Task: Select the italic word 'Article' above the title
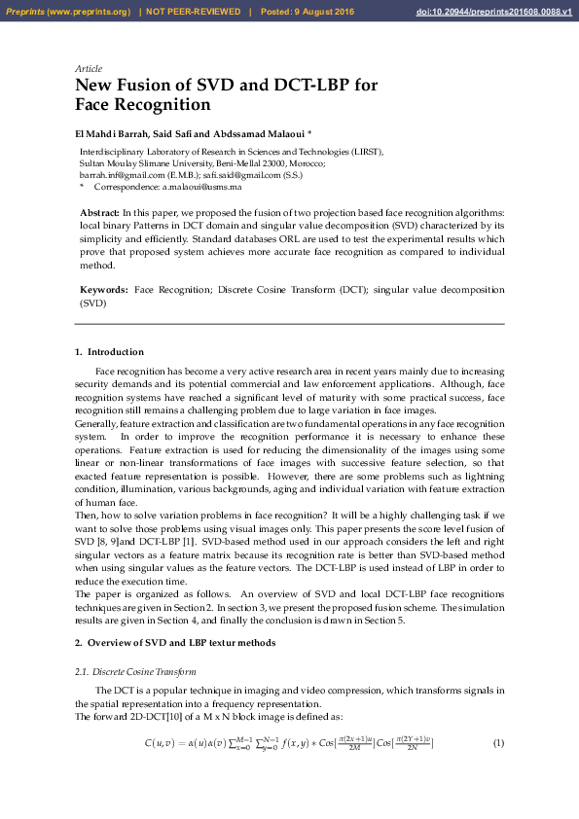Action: (89, 69)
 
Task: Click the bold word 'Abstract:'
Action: (99, 212)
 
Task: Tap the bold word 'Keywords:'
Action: (103, 290)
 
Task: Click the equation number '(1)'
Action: (498, 744)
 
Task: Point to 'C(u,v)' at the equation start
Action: (162, 744)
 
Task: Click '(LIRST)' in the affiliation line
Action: (367, 153)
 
